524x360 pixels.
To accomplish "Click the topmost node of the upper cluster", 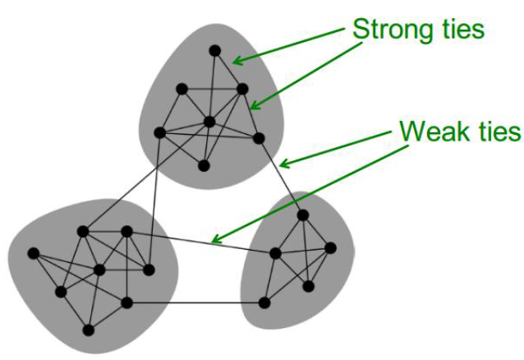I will tap(215, 51).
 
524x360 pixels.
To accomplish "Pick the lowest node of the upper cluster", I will tap(204, 165).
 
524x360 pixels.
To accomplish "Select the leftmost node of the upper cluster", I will tap(160, 132).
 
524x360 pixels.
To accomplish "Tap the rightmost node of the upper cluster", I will tap(260, 137).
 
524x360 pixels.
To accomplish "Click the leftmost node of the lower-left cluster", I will tap(33, 252).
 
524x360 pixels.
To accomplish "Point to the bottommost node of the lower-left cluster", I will tap(88, 330).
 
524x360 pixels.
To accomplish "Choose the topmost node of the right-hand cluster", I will tap(302, 215).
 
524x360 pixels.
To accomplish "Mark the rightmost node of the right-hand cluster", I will tap(330, 247).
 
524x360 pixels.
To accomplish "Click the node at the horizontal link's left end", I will tap(126, 302).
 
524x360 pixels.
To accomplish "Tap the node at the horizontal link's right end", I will tap(264, 302).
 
